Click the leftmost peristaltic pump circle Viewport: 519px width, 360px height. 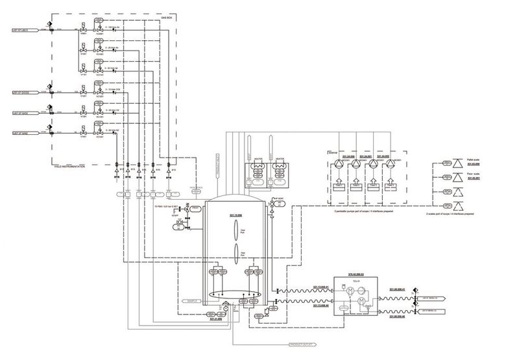[338, 167]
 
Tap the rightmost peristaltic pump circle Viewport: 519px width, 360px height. [391, 167]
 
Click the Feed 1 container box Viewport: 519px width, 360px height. [338, 185]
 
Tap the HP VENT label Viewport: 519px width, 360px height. [280, 198]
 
